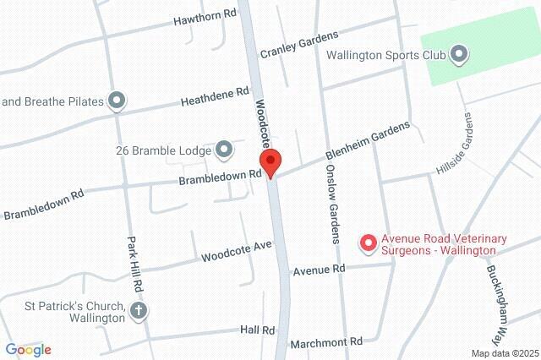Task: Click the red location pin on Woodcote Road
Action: click(270, 162)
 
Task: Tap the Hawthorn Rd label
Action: click(204, 17)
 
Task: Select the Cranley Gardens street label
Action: click(298, 43)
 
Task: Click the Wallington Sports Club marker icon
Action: click(459, 56)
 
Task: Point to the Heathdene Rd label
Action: click(216, 95)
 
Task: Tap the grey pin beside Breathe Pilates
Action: click(117, 101)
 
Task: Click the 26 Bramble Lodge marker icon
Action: click(224, 151)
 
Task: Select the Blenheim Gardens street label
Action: click(369, 143)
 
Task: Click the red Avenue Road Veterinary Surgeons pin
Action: click(368, 244)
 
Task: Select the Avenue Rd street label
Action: click(320, 270)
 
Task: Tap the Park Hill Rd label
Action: click(131, 261)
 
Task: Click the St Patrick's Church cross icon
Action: click(139, 311)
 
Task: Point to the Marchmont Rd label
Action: click(325, 343)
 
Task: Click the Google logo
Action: click(28, 350)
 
